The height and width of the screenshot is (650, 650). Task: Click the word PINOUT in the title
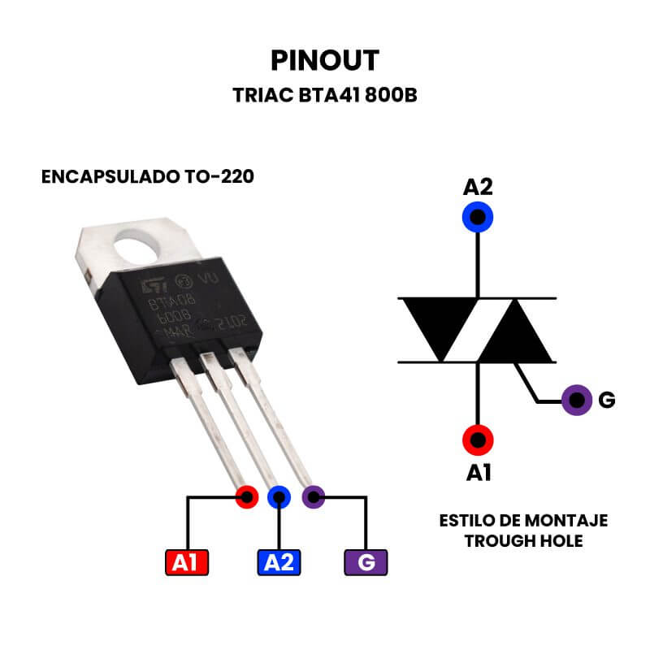tap(325, 60)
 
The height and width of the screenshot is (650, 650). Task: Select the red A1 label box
tap(186, 562)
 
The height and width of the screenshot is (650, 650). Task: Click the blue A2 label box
tap(279, 562)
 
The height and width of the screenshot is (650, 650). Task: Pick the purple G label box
tap(366, 562)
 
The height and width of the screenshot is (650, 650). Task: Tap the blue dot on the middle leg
tap(279, 496)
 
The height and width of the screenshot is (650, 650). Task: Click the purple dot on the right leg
tap(313, 496)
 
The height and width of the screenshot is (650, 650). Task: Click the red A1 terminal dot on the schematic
tap(478, 440)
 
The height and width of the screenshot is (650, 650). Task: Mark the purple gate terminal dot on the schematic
tap(577, 400)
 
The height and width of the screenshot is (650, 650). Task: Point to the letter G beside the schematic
tap(606, 401)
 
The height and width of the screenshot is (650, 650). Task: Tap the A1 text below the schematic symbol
tap(478, 472)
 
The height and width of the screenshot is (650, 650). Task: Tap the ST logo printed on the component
tap(151, 287)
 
